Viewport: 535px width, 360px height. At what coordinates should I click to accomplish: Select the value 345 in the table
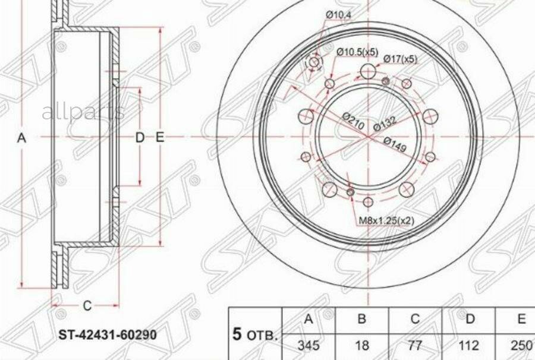[x=309, y=345]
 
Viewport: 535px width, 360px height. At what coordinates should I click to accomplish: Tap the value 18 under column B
[x=361, y=345]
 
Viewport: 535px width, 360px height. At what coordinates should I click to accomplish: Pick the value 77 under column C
[x=415, y=345]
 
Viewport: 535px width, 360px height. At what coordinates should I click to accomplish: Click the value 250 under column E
[x=521, y=345]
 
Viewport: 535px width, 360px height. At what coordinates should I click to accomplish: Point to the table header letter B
[x=361, y=320]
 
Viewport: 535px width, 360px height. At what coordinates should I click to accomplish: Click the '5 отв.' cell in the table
[x=254, y=334]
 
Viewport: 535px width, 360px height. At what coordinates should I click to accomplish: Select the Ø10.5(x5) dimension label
[x=357, y=52]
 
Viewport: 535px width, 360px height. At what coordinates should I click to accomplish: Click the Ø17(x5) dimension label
[x=399, y=59]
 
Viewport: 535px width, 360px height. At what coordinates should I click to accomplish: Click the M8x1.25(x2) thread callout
[x=386, y=220]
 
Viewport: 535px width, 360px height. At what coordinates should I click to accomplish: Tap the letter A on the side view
[x=22, y=138]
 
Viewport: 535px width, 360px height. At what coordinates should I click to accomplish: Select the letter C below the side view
[x=87, y=306]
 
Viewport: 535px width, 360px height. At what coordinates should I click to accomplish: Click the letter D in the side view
[x=139, y=138]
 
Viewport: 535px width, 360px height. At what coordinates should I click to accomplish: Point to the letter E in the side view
[x=159, y=138]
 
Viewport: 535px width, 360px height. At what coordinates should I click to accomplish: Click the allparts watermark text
[x=83, y=112]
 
